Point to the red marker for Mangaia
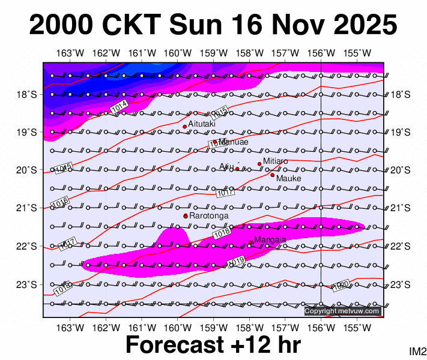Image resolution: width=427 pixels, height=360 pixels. click(x=250, y=242)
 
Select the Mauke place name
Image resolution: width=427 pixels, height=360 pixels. click(x=288, y=178)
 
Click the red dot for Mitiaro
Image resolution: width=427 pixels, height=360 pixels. click(x=259, y=164)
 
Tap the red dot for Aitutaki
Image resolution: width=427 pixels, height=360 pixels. click(x=184, y=127)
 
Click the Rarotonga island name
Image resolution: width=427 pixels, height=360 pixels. click(x=208, y=215)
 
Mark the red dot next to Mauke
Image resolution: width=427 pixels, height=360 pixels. click(x=272, y=175)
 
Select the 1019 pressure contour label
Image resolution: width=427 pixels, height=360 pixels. click(x=236, y=262)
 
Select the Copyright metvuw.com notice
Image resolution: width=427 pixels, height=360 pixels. click(x=342, y=311)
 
